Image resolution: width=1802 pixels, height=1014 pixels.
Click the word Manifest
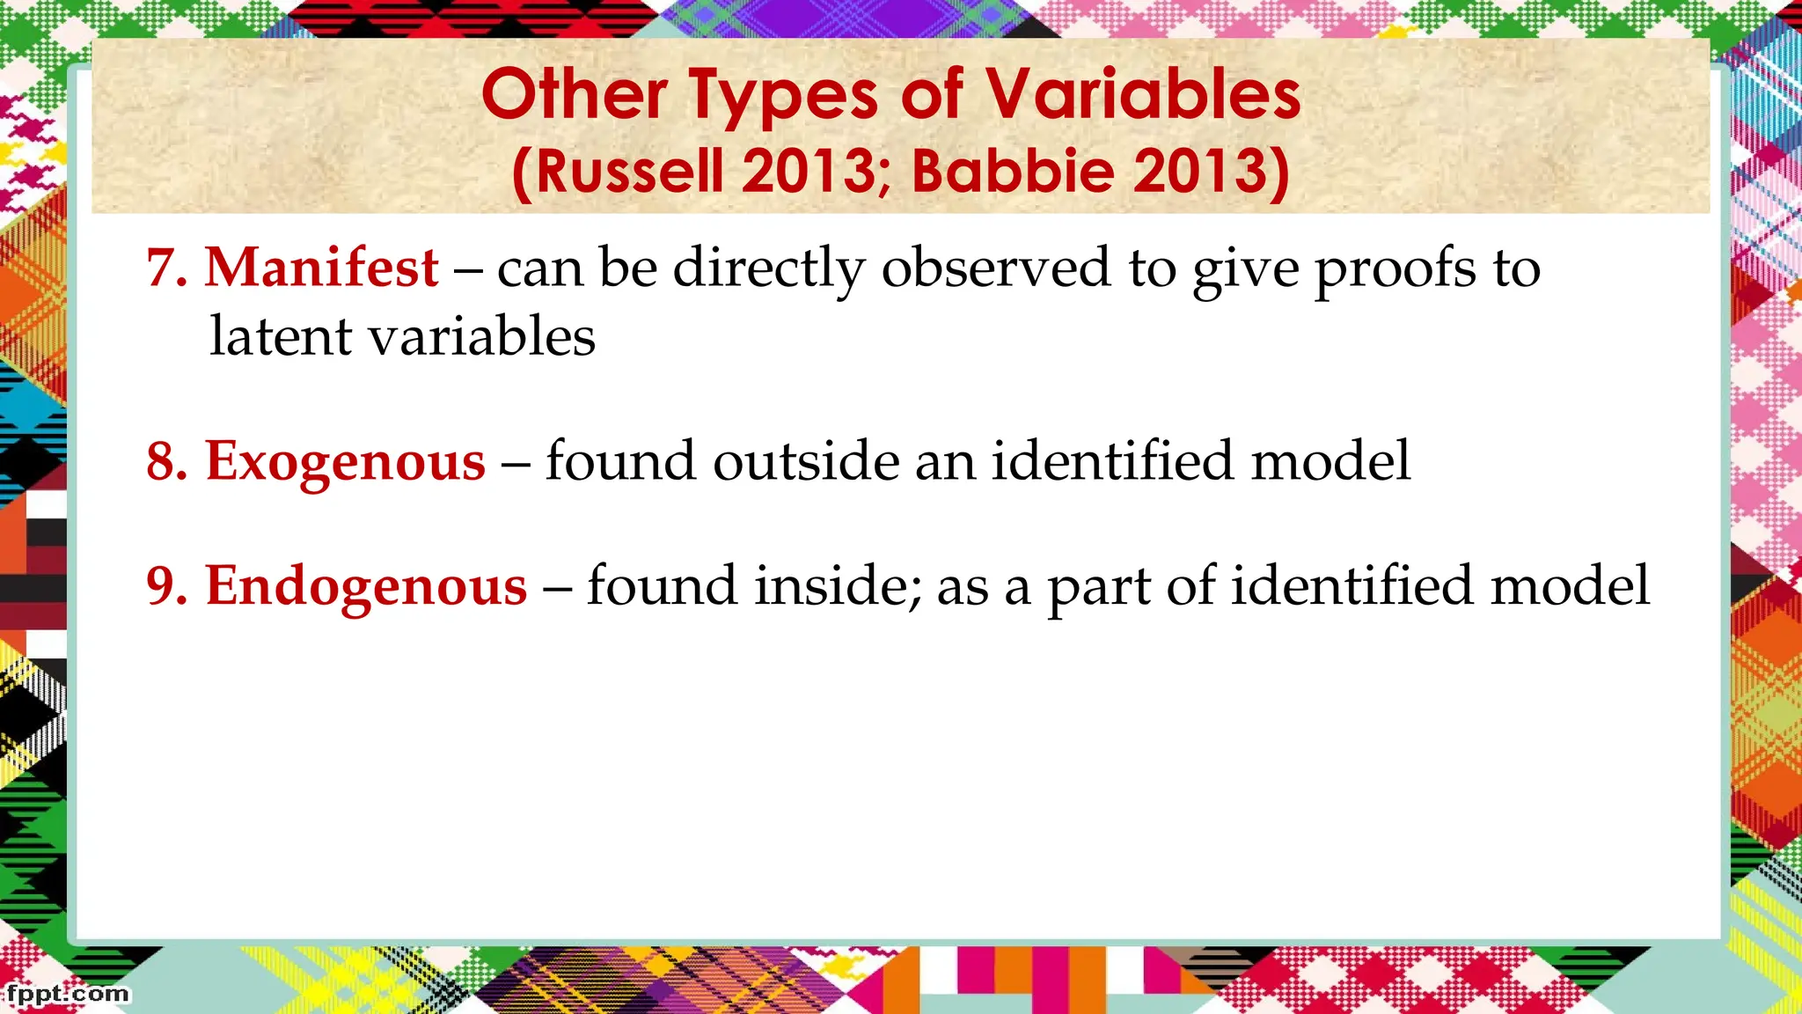tap(321, 268)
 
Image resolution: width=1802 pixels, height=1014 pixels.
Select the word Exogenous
tap(345, 461)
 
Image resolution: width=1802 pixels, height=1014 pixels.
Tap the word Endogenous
tap(366, 586)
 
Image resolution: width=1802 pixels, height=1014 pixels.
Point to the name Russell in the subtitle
tap(630, 171)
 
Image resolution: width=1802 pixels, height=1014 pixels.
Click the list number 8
tap(166, 461)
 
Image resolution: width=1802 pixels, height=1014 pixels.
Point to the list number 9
tap(166, 586)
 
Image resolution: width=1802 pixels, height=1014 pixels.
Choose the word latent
tap(281, 337)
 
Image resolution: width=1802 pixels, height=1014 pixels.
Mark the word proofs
tap(1395, 269)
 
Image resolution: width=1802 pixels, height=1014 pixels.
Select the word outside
tap(806, 461)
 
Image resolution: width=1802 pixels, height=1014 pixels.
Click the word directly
tap(769, 269)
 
